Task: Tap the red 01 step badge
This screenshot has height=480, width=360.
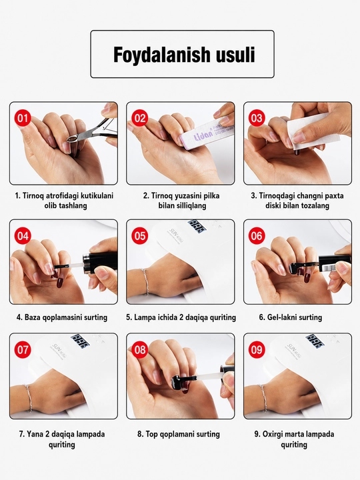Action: (x=23, y=118)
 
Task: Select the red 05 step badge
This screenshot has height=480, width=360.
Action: (x=139, y=236)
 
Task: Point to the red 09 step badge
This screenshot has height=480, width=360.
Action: (x=257, y=349)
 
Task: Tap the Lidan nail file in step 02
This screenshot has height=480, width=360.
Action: (x=206, y=135)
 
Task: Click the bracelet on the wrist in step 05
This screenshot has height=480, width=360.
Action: (x=145, y=281)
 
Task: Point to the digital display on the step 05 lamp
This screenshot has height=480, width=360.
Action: (x=197, y=225)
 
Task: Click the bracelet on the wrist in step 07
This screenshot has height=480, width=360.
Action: (x=29, y=397)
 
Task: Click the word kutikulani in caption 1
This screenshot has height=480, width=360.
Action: (x=97, y=195)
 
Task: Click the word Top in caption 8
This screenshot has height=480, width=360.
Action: (x=151, y=434)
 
